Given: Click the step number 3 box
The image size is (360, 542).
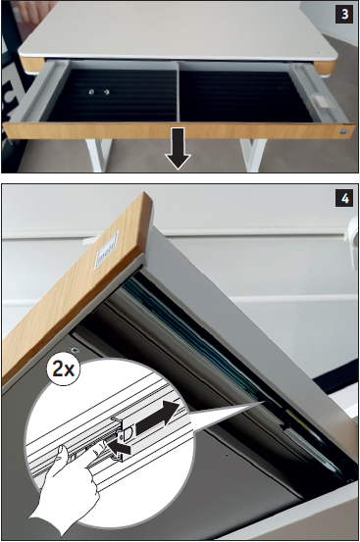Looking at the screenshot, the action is click(344, 14).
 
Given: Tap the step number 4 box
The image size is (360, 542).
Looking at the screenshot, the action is click(344, 198).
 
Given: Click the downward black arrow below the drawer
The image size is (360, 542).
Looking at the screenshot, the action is click(178, 149).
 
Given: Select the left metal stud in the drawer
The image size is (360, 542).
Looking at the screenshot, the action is click(92, 91).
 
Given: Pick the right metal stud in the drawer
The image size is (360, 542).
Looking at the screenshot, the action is click(107, 91).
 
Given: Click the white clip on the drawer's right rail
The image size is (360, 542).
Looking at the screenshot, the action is click(320, 101).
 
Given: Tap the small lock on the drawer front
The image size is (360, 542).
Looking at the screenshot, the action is click(342, 132).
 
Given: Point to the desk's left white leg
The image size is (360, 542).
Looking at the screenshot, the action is click(98, 155).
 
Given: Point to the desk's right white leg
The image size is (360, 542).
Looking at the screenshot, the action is click(253, 155).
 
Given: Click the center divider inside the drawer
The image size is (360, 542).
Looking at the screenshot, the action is click(178, 92).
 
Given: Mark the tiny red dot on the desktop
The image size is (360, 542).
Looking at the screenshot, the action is click(319, 53).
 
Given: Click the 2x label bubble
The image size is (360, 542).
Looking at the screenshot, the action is click(64, 370).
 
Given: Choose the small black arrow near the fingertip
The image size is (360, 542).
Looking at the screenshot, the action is click(119, 448).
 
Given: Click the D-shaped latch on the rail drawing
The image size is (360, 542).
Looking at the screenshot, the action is click(126, 433).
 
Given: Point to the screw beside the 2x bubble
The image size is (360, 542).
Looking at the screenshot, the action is click(74, 351).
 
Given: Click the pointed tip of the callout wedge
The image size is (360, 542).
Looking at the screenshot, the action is click(264, 401).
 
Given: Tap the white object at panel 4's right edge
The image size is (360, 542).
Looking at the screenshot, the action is click(353, 239).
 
